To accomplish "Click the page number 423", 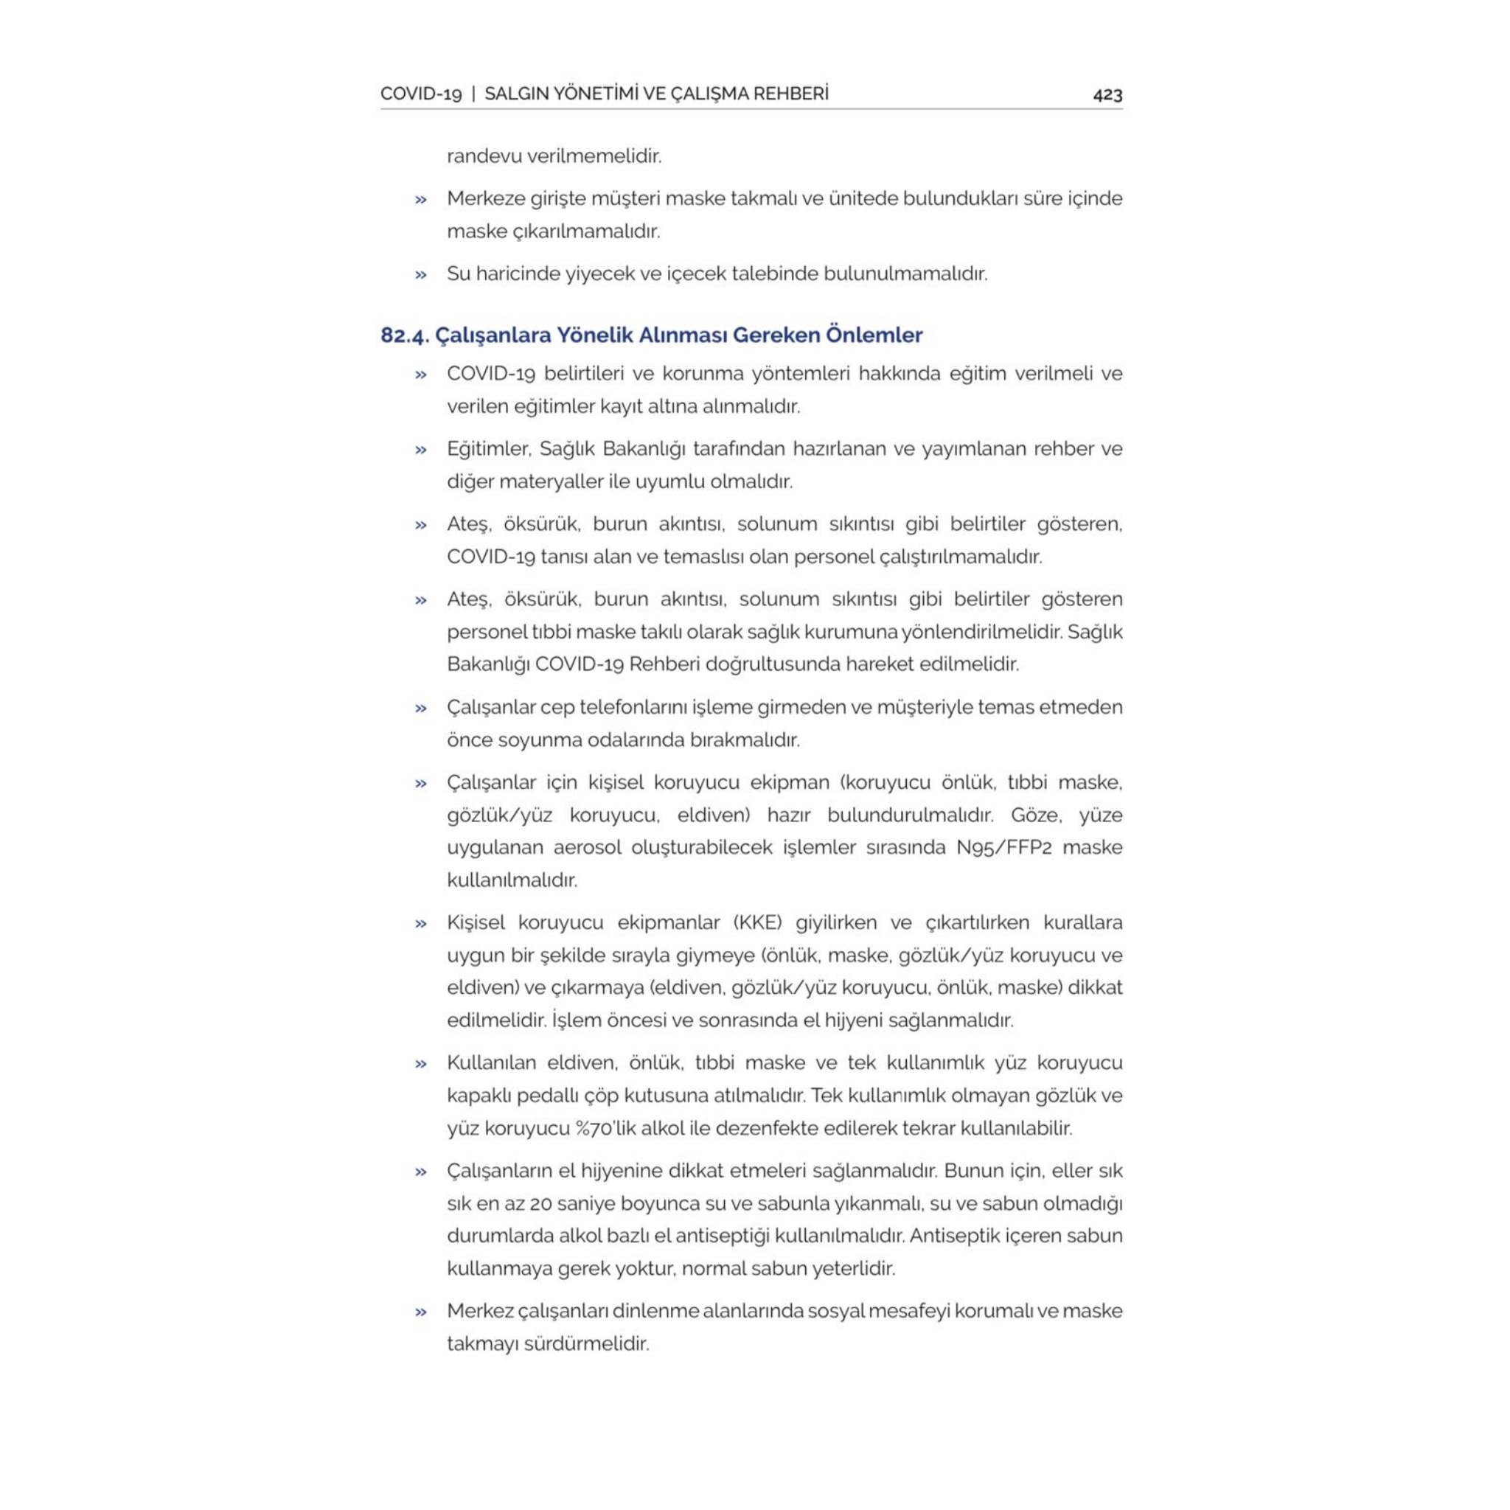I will tap(1107, 94).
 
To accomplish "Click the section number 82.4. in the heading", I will tap(404, 335).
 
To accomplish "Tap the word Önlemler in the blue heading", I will tap(874, 335).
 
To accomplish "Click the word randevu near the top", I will tap(484, 156).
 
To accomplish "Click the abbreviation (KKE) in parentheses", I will tap(757, 922).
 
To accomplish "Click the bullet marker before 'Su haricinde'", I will tap(421, 274).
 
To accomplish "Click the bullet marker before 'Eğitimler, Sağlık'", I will tap(421, 450).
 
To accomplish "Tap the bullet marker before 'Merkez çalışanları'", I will tap(421, 1312).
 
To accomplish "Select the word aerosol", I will tap(587, 847).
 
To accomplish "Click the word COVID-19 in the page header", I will tap(420, 94).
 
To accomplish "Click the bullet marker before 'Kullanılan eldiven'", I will tap(421, 1063).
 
